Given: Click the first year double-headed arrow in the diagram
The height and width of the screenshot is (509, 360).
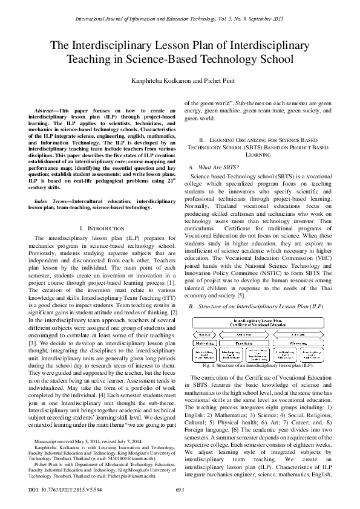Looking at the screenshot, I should (x=209, y=333).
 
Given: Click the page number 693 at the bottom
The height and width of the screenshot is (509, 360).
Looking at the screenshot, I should (x=180, y=490).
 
